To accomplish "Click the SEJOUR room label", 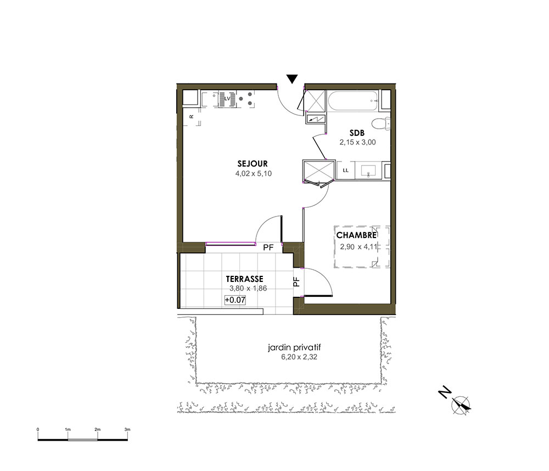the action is click(253, 164).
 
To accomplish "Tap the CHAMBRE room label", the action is click(356, 235).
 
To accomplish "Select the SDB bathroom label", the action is click(357, 133).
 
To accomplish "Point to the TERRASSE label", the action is click(244, 279).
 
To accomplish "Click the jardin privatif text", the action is click(294, 348).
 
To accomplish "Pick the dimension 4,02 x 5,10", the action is click(254, 174).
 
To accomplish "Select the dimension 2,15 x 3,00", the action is click(357, 142).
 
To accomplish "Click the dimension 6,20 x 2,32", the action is click(299, 357).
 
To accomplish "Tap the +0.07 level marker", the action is click(235, 300).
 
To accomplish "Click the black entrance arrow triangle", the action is click(292, 79).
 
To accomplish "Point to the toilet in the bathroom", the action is click(382, 124).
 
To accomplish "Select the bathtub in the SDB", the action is click(353, 101).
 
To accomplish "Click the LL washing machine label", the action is click(345, 170).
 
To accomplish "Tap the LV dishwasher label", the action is click(228, 98).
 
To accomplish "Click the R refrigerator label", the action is click(192, 117).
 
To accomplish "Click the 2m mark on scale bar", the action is click(97, 429).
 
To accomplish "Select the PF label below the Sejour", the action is click(268, 247).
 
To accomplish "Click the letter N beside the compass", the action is click(445, 392).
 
